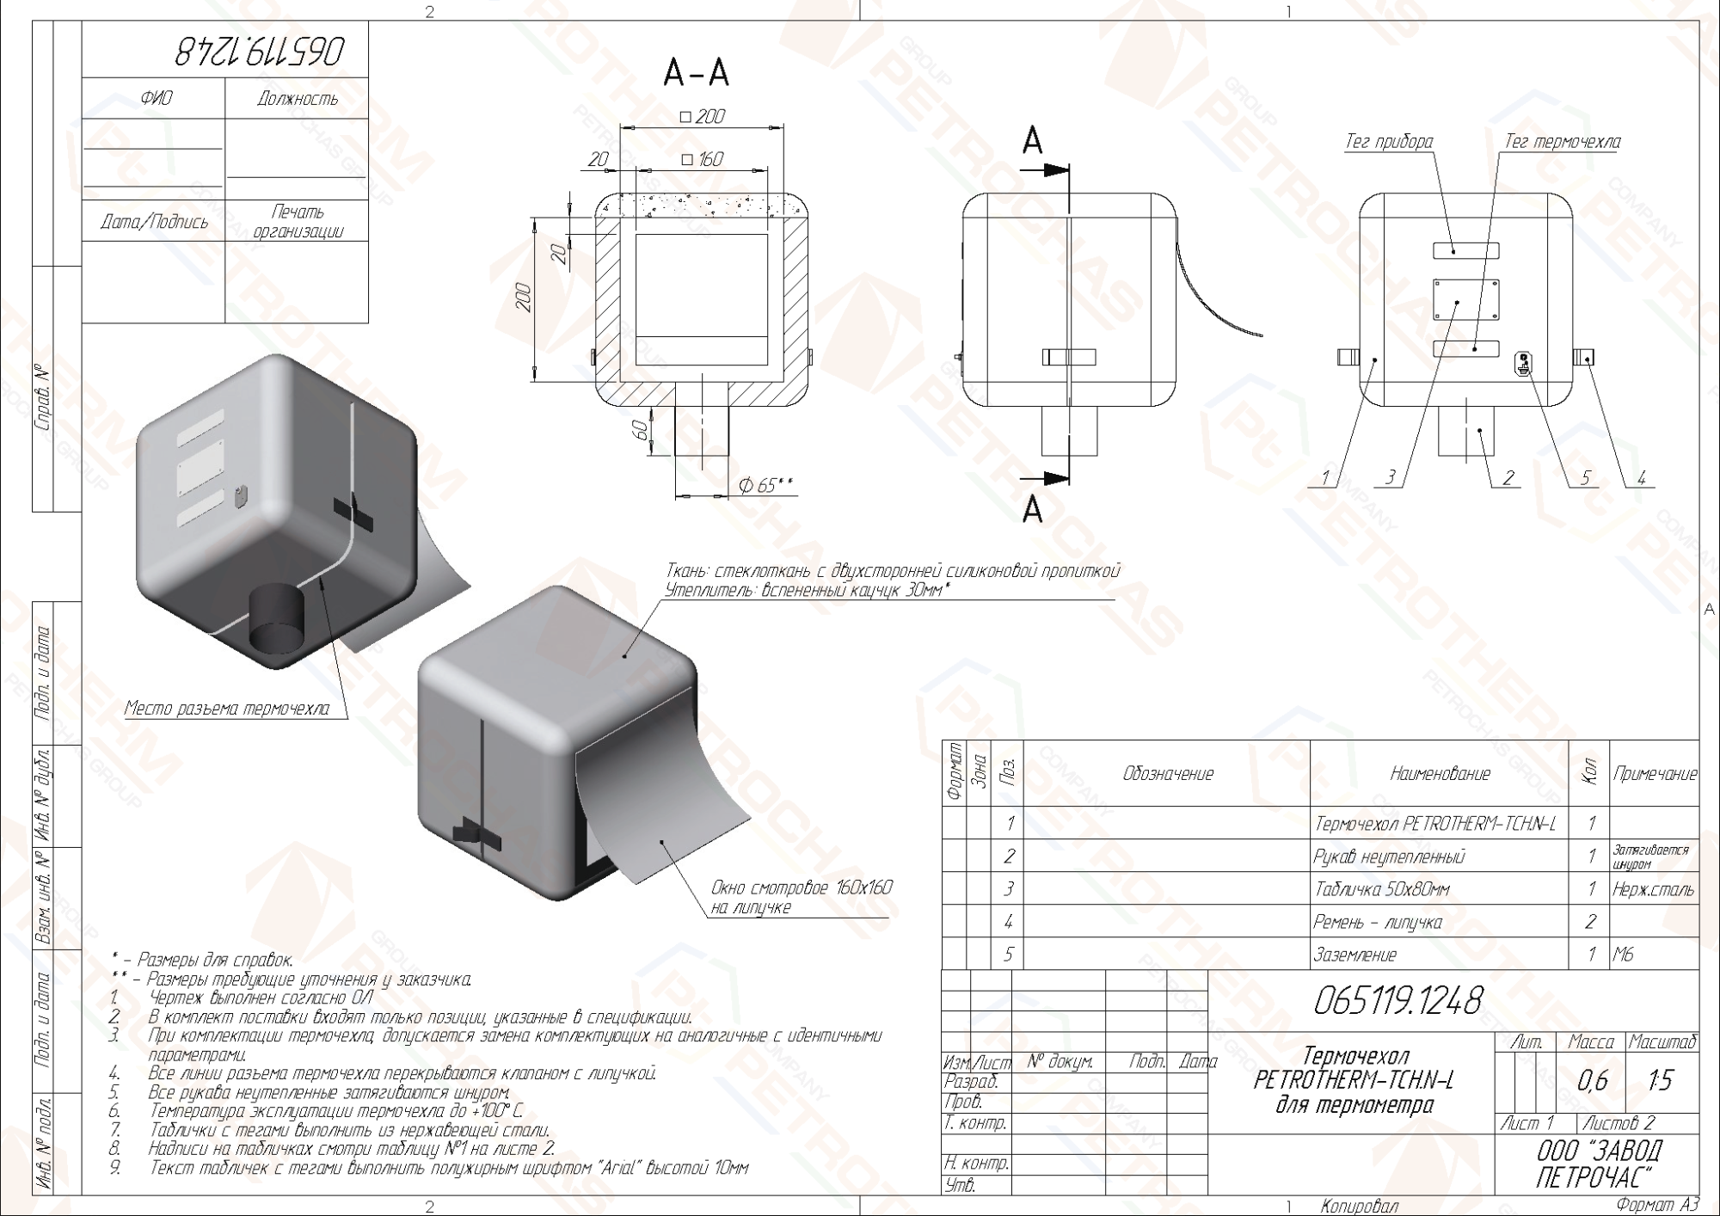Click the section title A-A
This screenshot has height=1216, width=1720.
tap(696, 73)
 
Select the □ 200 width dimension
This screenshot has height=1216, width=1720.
tap(703, 116)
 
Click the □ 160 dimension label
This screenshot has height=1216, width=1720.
tap(702, 159)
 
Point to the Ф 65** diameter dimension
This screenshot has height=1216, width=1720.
tap(765, 486)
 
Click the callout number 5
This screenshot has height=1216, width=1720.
tap(1586, 477)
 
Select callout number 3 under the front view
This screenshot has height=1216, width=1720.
tap(1391, 477)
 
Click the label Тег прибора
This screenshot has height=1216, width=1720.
tap(1389, 142)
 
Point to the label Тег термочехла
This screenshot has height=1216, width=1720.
tap(1562, 142)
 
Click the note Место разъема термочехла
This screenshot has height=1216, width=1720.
tap(227, 709)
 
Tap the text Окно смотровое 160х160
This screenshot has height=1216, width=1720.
tap(802, 887)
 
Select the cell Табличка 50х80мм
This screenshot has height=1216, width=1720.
tap(1381, 889)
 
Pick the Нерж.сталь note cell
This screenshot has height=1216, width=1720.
tap(1653, 889)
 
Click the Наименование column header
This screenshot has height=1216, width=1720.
tap(1440, 774)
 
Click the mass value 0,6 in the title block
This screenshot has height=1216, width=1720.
tap(1592, 1081)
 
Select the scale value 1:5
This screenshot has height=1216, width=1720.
tap(1661, 1081)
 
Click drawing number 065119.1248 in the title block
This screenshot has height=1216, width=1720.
tap(1397, 1000)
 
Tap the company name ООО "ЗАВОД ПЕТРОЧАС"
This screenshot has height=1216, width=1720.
tap(1599, 1164)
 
